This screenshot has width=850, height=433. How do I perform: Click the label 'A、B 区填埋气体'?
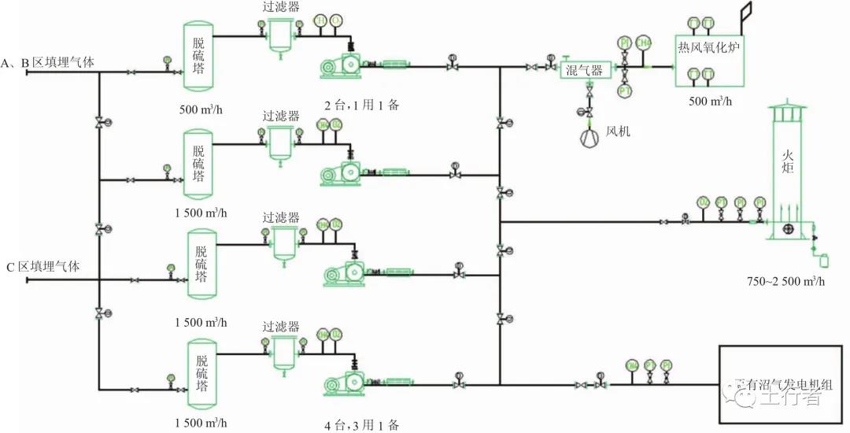[x=49, y=63]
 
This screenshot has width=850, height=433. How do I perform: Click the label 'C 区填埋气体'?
[x=42, y=266]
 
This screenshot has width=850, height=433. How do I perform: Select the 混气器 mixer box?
[x=585, y=70]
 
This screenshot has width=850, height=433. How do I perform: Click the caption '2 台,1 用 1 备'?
[x=361, y=105]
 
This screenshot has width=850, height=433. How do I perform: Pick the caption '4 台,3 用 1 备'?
[x=361, y=424]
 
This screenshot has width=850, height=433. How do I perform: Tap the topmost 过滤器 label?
[x=281, y=7]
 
